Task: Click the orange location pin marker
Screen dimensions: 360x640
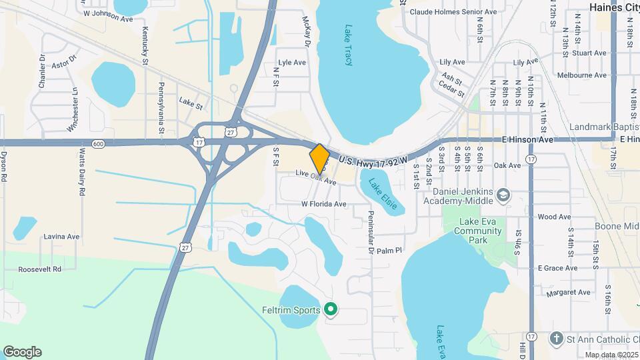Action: click(x=320, y=158)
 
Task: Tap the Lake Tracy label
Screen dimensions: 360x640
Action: click(x=348, y=45)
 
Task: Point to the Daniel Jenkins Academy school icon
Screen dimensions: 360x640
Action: click(x=503, y=195)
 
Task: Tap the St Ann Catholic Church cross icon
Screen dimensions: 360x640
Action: click(x=557, y=338)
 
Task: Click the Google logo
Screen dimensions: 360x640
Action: click(x=22, y=351)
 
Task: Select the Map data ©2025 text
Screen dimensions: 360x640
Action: click(x=611, y=355)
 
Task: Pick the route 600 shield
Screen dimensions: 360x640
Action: click(x=99, y=143)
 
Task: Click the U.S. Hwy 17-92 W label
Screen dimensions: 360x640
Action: click(x=382, y=160)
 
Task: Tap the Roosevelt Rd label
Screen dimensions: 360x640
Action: click(x=39, y=269)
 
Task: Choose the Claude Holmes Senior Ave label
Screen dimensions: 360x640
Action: click(x=463, y=12)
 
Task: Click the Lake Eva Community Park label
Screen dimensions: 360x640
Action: click(x=477, y=231)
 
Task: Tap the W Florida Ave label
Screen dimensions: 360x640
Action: click(x=324, y=204)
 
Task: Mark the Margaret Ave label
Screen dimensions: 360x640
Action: click(x=568, y=292)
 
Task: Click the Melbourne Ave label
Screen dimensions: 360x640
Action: click(x=583, y=75)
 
